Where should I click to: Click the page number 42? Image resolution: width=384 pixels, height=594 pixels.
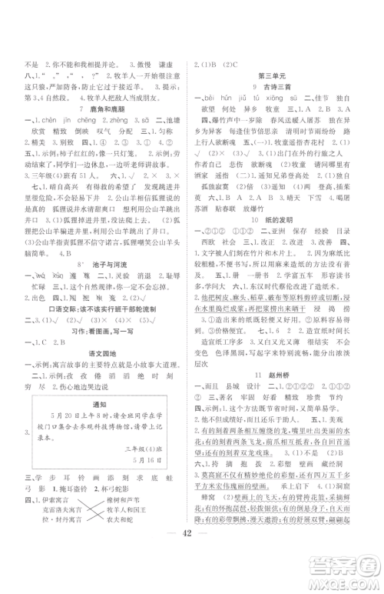193,564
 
